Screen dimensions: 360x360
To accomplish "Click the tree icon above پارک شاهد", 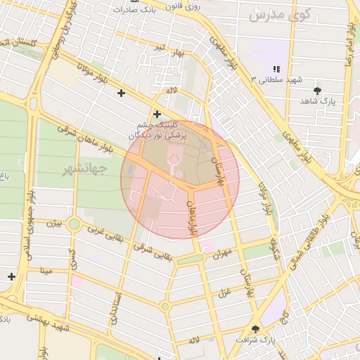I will (x=318, y=91).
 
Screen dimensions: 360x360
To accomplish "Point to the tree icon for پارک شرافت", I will (x=255, y=328).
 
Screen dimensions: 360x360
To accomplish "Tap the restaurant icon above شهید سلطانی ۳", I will (x=276, y=69).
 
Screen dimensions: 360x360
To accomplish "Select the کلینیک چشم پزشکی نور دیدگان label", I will (x=157, y=129).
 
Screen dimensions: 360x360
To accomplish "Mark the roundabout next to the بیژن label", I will (x=74, y=224).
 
